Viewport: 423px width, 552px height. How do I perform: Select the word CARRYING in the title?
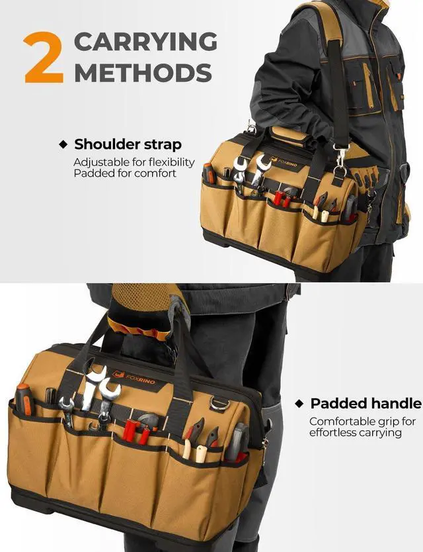pos(145,42)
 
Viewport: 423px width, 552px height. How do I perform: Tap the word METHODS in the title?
pos(143,72)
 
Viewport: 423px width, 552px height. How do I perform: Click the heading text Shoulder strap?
pos(128,144)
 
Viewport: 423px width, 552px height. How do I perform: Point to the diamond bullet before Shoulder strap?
pos(63,144)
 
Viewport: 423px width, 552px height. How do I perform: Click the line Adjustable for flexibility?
pos(134,162)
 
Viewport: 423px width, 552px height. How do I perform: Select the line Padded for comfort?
pos(125,173)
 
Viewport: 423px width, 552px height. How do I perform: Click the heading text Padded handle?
pos(365,403)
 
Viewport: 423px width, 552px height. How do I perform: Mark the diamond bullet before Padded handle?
pos(299,403)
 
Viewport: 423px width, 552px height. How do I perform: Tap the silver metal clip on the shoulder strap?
pos(341,157)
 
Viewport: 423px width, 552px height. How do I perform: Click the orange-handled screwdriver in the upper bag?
pos(209,173)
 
